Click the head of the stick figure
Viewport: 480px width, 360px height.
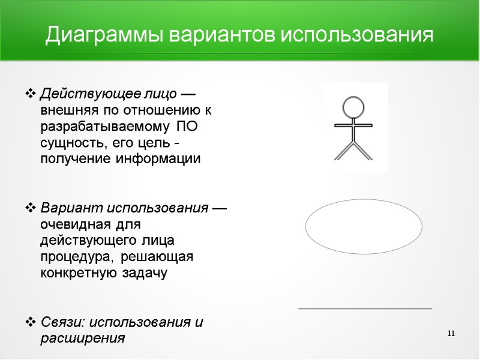coord(353,108)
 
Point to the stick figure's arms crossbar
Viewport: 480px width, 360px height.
coord(353,125)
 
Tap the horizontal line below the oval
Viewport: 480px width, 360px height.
coord(365,308)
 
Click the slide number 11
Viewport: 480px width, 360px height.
coord(452,334)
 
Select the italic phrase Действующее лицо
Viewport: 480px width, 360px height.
coord(109,94)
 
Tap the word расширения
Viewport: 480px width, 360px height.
coord(82,338)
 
